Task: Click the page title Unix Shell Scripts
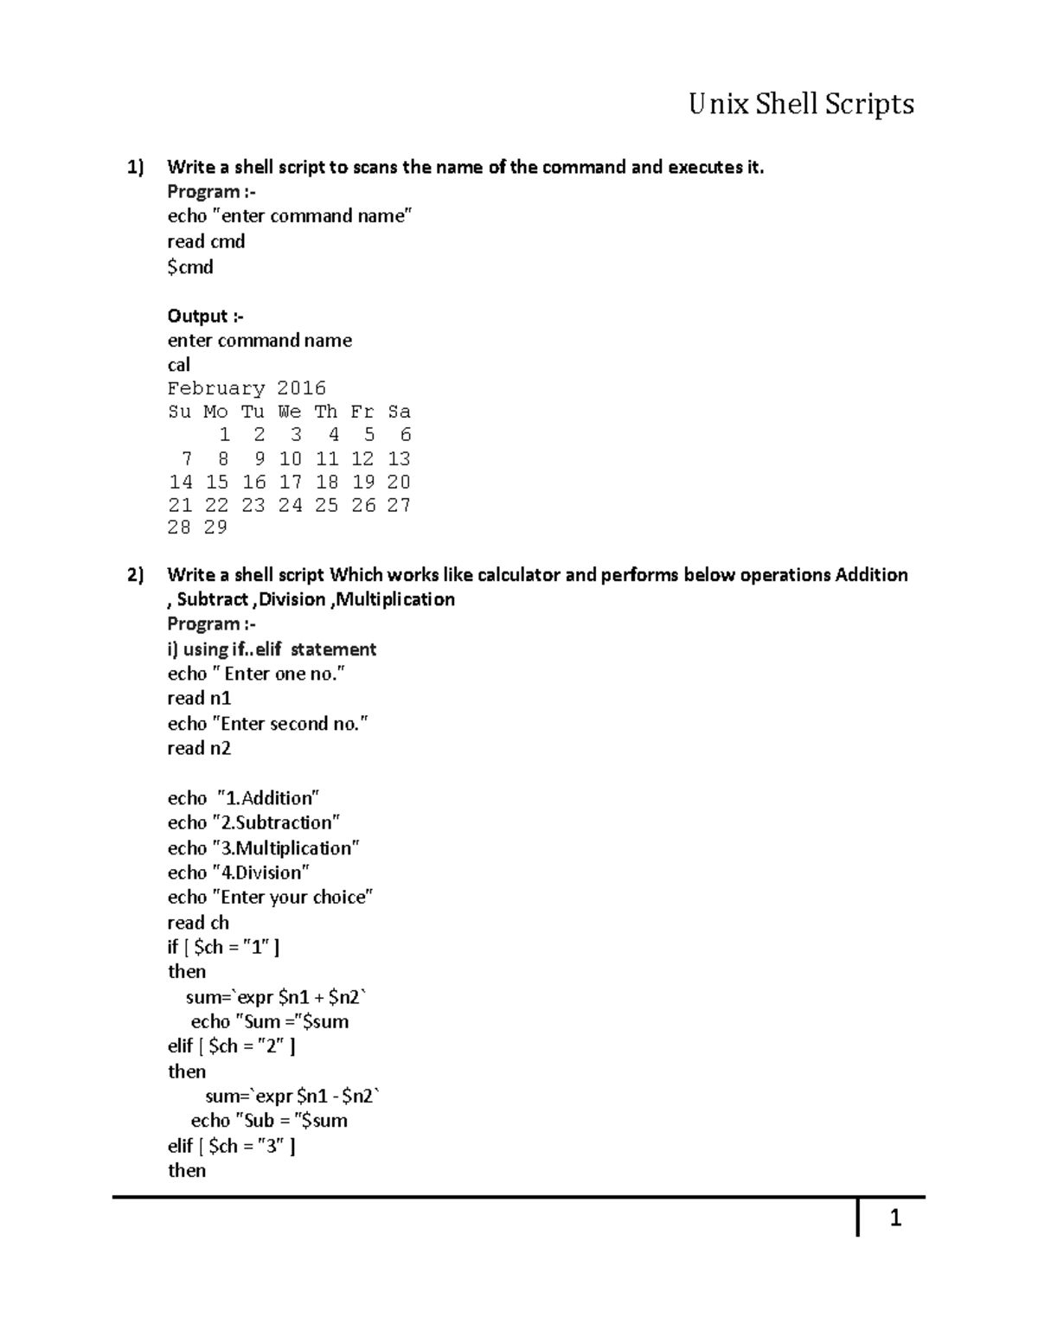click(801, 105)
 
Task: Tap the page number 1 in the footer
click(895, 1218)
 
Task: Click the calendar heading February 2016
click(247, 388)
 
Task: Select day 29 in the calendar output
click(215, 528)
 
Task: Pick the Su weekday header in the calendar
click(179, 412)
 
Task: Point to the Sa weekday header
click(399, 412)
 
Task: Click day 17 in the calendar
click(290, 482)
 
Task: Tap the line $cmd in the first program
click(190, 267)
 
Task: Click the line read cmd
click(206, 242)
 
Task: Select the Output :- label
click(206, 316)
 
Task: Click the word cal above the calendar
click(179, 365)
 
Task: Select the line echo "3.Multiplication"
click(264, 847)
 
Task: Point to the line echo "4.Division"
click(239, 873)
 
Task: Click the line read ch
click(198, 923)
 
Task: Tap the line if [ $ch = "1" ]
click(223, 947)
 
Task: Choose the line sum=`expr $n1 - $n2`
click(292, 1097)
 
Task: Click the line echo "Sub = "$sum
click(269, 1121)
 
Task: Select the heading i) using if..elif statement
click(272, 649)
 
